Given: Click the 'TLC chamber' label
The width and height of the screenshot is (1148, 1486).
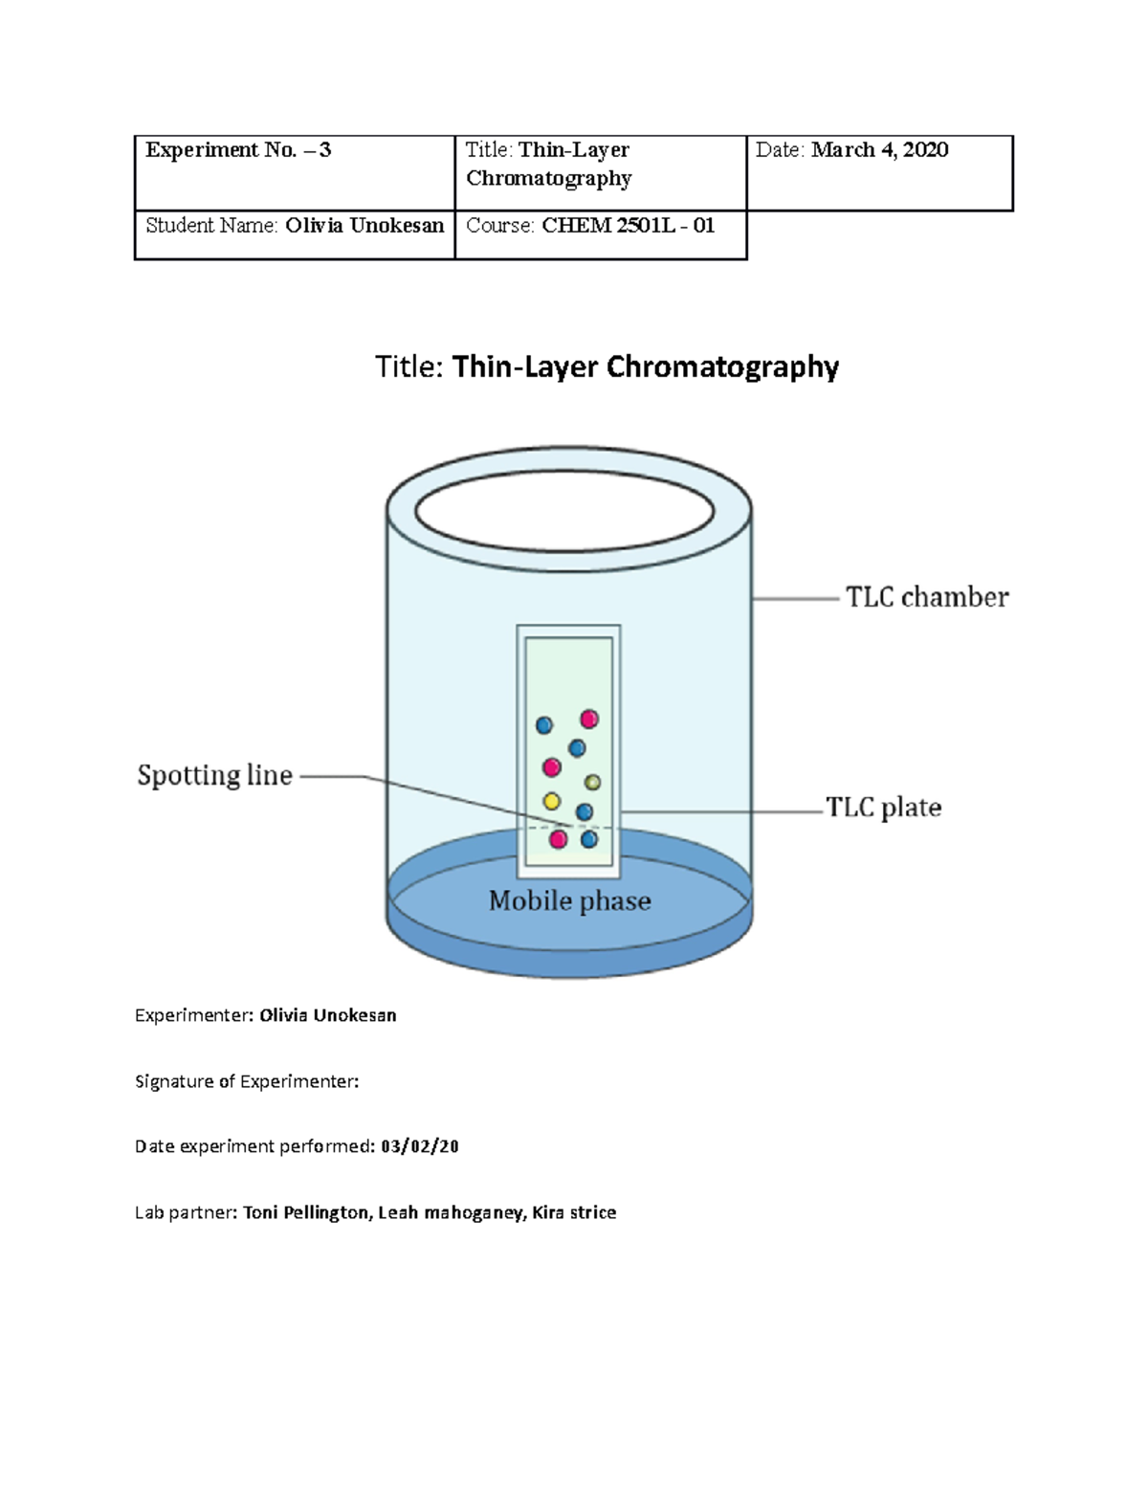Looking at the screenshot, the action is [927, 597].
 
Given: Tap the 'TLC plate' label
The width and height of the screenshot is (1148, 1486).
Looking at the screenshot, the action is [883, 808].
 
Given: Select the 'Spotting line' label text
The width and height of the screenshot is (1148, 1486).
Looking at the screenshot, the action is [214, 775].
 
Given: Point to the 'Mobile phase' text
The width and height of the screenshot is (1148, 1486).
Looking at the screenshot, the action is [569, 901].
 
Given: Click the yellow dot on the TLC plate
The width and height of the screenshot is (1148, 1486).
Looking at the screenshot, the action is [551, 801].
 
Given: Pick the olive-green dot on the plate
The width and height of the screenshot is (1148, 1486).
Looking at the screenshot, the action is [592, 783].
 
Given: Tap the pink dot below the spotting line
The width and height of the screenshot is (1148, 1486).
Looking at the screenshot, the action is [558, 839].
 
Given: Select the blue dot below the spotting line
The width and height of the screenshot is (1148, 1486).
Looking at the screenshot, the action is [588, 839].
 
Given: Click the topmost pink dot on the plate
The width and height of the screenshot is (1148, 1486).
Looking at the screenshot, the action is [588, 720].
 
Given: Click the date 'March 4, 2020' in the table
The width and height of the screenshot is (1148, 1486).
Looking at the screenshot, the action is [879, 150].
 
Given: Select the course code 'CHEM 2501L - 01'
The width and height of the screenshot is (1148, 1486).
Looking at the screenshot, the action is [628, 225].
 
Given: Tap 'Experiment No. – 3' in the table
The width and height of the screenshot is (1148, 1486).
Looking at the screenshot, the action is [238, 150].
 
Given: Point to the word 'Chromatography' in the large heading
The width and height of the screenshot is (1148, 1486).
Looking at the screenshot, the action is [722, 367].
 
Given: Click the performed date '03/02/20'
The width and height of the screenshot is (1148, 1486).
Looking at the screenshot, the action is [419, 1146].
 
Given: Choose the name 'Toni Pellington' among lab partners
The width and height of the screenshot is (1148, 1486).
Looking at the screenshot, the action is [305, 1212].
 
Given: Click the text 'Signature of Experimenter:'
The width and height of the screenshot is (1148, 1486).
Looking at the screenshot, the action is [247, 1081].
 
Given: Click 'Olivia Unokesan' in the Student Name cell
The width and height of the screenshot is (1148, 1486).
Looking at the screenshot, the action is [364, 225].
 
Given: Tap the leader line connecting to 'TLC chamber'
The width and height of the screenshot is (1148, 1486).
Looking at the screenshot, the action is [795, 599].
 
